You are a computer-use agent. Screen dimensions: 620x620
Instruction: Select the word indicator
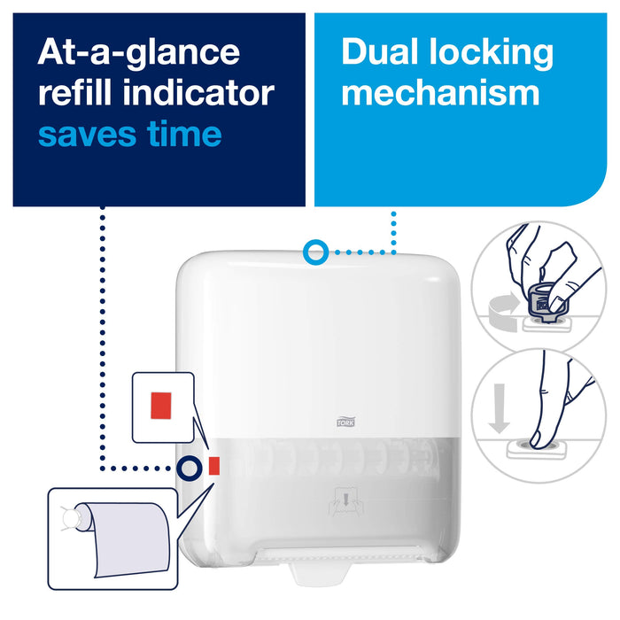(x=203, y=93)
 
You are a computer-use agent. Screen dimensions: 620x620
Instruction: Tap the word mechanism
(x=440, y=93)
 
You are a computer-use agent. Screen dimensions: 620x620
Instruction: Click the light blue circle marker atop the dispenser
(x=313, y=252)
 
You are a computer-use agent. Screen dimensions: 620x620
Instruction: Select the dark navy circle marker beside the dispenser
(x=188, y=467)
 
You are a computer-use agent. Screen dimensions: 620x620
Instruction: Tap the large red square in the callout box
(x=162, y=406)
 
